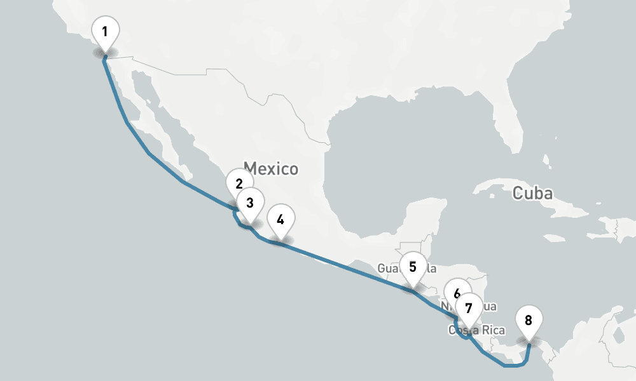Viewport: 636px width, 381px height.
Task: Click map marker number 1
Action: pyautogui.click(x=105, y=30)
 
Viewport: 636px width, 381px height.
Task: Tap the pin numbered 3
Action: pyautogui.click(x=250, y=203)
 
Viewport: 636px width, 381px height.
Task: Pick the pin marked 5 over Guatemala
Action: pyautogui.click(x=413, y=267)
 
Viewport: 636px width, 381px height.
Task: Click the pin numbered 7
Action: pyautogui.click(x=469, y=309)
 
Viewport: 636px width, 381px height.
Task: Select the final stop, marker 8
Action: pyautogui.click(x=528, y=320)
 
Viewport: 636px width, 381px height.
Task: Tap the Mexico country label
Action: pyautogui.click(x=271, y=169)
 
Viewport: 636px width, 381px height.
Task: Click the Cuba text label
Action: pyautogui.click(x=532, y=193)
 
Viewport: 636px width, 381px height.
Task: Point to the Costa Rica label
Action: pyautogui.click(x=477, y=330)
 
